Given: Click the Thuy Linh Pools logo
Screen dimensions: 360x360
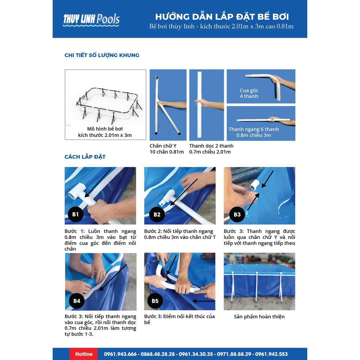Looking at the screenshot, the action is (91, 20).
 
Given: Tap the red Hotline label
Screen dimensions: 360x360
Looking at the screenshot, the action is (84, 354).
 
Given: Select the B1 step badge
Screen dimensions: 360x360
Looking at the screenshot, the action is (75, 214).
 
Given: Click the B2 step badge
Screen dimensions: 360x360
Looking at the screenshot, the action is (157, 214).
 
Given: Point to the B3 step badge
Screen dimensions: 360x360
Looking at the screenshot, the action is (237, 214).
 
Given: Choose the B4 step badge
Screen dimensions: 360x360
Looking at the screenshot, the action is (77, 301).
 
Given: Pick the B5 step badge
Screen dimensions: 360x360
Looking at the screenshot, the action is (155, 301).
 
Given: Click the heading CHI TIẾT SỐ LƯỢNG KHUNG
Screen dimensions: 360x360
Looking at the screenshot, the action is (102, 55).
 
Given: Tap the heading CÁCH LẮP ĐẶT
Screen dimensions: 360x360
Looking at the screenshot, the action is (85, 157).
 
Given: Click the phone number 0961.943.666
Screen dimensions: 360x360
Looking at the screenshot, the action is (120, 354).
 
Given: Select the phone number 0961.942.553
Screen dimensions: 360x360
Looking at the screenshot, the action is (271, 354).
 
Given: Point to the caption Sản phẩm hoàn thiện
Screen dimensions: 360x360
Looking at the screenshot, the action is (259, 317).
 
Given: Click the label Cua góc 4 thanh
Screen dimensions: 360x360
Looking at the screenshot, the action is (249, 93).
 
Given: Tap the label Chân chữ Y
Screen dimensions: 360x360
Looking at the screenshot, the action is (163, 146).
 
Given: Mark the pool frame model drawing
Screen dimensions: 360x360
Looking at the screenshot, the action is (109, 105).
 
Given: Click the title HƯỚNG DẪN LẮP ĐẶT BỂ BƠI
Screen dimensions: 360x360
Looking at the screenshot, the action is (222, 17).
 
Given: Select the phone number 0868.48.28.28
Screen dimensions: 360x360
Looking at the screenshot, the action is (158, 354).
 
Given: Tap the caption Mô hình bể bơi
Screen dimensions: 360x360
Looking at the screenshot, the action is (105, 129).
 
